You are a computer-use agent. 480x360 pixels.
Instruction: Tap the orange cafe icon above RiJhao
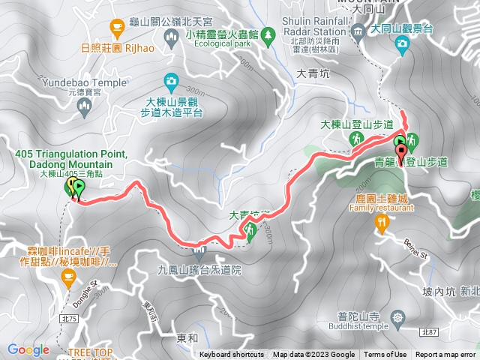(x=116, y=28)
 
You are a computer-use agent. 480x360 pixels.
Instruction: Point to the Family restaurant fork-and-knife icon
(x=382, y=221)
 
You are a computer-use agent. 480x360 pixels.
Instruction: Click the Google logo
(x=28, y=349)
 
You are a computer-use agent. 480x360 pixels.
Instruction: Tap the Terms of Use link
(x=385, y=355)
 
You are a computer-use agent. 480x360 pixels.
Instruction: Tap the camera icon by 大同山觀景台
(x=403, y=43)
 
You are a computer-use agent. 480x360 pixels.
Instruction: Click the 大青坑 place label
(x=313, y=74)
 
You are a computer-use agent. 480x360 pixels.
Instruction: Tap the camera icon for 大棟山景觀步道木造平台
(x=171, y=80)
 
